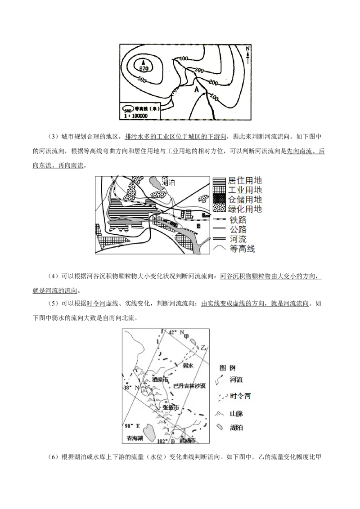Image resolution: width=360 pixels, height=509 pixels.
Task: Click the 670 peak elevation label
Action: point(144,68)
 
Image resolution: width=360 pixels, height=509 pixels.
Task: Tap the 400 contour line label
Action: point(184,59)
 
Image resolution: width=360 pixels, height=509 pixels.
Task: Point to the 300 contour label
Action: point(200,71)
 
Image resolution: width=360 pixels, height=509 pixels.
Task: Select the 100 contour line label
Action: point(215,98)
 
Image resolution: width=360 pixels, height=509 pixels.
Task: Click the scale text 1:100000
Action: point(135,116)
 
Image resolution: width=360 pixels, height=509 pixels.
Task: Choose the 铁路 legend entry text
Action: point(237,220)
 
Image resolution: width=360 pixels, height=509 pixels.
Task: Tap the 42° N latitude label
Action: point(176,333)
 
